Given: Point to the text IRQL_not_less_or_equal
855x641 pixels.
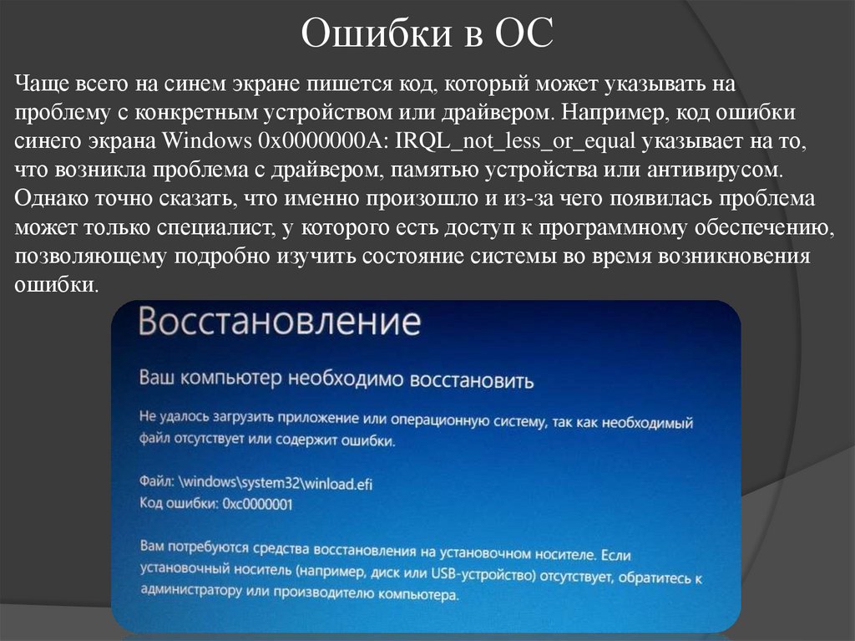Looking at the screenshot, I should (509, 142).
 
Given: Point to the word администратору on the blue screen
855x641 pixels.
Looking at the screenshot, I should (192, 597).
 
